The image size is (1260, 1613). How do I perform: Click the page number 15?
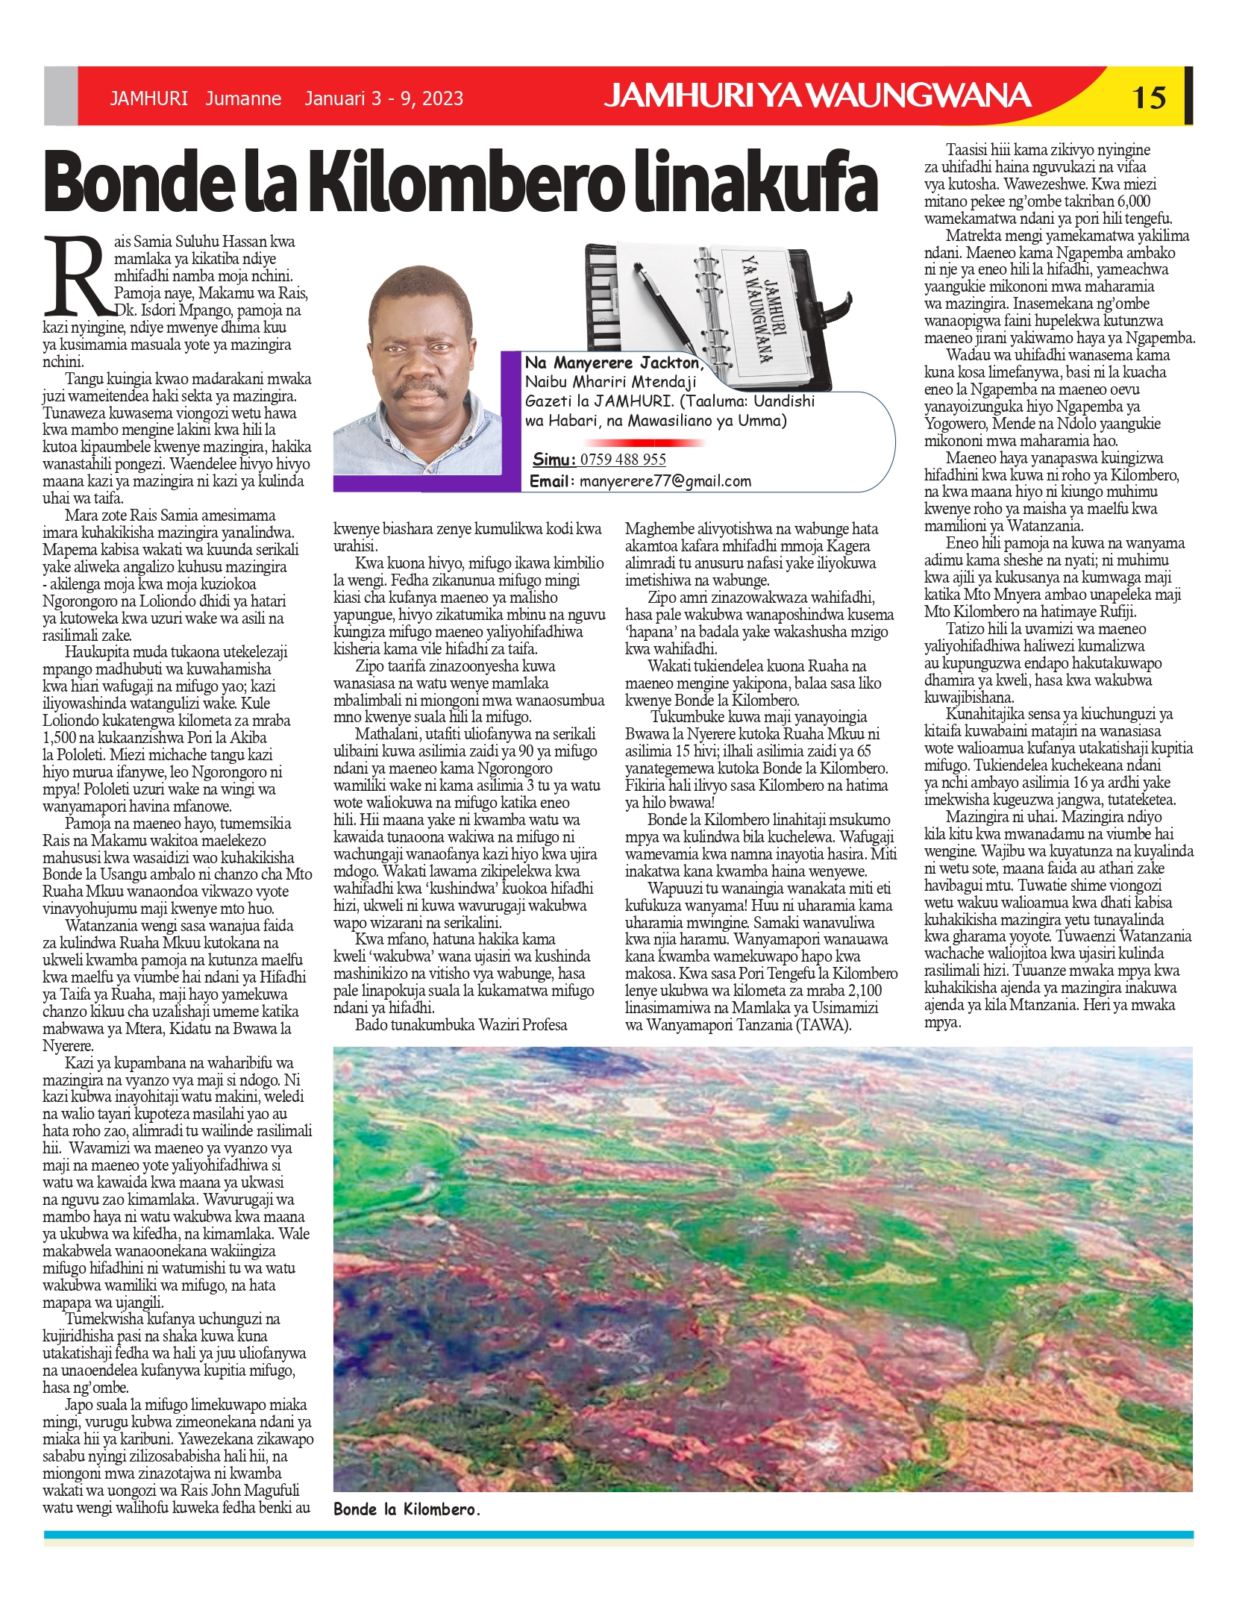point(1149,97)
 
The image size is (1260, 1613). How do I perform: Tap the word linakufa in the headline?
point(755,183)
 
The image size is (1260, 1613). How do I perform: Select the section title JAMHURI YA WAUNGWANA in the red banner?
point(818,96)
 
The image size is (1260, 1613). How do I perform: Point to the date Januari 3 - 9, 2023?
point(383,98)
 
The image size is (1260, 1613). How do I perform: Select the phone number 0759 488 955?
point(623,460)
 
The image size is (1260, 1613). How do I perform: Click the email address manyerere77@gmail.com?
point(665,481)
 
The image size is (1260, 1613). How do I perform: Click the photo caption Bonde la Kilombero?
point(407,1509)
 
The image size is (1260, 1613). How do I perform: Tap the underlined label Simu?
point(554,460)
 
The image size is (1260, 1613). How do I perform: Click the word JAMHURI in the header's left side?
point(148,98)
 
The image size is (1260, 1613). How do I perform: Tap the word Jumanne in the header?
point(243,98)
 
